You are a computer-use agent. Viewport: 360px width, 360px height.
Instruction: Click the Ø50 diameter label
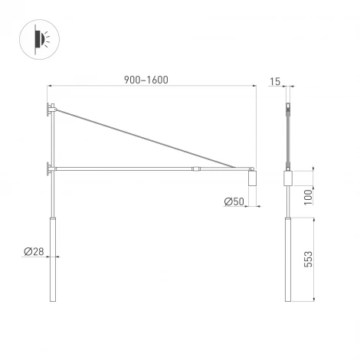[234, 201]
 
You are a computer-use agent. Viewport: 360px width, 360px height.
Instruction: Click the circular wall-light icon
[43, 40]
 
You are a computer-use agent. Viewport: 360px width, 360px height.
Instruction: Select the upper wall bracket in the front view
[51, 110]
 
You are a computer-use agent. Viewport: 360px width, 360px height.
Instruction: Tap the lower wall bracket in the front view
[51, 167]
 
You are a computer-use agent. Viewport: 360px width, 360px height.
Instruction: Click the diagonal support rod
[146, 139]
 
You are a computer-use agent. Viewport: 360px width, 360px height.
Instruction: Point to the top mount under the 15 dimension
[288, 108]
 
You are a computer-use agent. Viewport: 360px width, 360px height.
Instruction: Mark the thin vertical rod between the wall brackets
[53, 138]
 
